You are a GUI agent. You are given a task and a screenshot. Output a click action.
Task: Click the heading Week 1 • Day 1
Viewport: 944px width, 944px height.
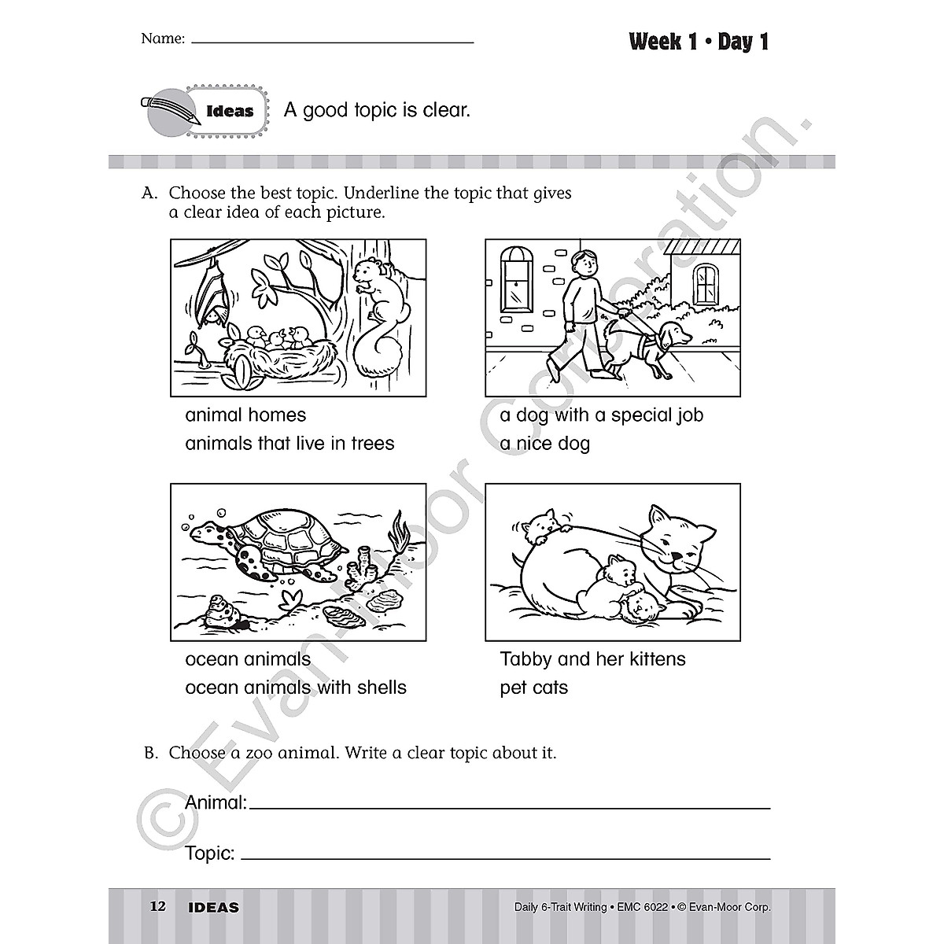(x=699, y=42)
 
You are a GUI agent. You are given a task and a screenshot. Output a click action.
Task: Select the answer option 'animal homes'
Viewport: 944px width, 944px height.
(x=245, y=415)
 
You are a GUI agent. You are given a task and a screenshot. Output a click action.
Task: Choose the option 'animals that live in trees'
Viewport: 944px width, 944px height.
(x=289, y=443)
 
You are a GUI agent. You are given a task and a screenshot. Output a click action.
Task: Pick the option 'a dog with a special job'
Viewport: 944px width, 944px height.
(x=602, y=415)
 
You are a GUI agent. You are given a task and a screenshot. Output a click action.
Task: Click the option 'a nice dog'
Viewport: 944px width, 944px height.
(x=544, y=443)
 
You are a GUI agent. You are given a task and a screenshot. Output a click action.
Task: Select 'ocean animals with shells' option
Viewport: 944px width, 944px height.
(x=296, y=687)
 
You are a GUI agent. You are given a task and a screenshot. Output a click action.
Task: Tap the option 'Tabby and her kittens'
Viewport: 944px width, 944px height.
(x=593, y=658)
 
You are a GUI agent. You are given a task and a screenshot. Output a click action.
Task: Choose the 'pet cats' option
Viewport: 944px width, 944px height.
(x=533, y=687)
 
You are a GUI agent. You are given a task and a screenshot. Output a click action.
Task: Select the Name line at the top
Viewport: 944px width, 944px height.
(x=332, y=39)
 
